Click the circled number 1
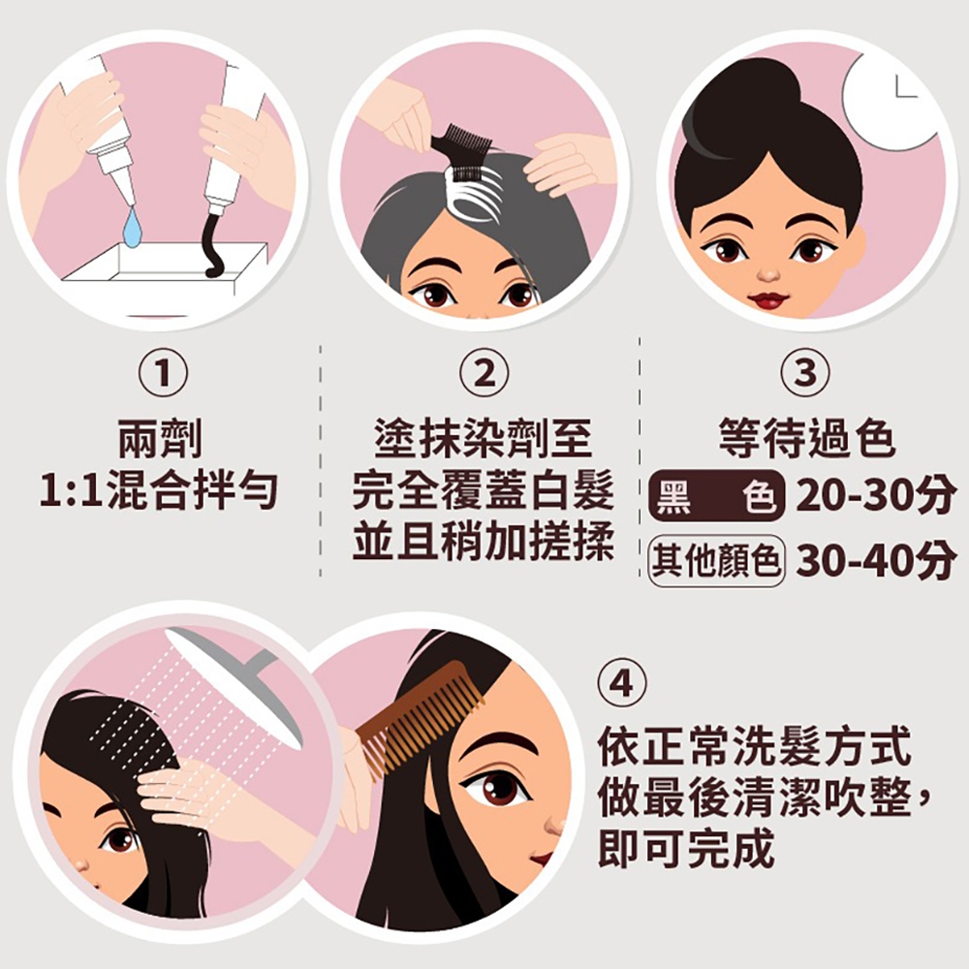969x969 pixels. [x=163, y=373]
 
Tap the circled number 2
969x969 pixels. [x=484, y=373]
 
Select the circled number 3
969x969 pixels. [x=805, y=373]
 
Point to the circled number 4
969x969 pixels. [x=622, y=684]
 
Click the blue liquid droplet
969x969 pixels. [x=132, y=228]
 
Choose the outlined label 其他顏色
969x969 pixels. [x=716, y=561]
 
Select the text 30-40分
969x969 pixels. [x=875, y=561]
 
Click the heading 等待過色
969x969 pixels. [x=806, y=438]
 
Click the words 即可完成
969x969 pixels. [x=686, y=849]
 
